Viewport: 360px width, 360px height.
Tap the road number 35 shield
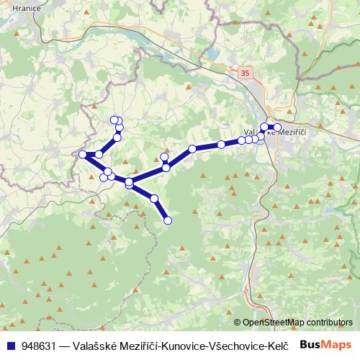click(x=246, y=73)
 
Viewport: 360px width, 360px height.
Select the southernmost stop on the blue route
click(x=168, y=220)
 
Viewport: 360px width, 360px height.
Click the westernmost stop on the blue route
click(x=83, y=154)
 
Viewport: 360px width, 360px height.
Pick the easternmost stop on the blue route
click(x=277, y=127)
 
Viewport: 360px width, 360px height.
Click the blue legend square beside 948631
click(x=11, y=345)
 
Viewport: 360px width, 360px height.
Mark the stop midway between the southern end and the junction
click(x=154, y=199)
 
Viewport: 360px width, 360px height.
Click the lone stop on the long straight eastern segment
click(x=192, y=149)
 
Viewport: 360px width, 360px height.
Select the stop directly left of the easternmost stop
click(x=265, y=127)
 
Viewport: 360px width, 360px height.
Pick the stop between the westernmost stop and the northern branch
click(x=99, y=154)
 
